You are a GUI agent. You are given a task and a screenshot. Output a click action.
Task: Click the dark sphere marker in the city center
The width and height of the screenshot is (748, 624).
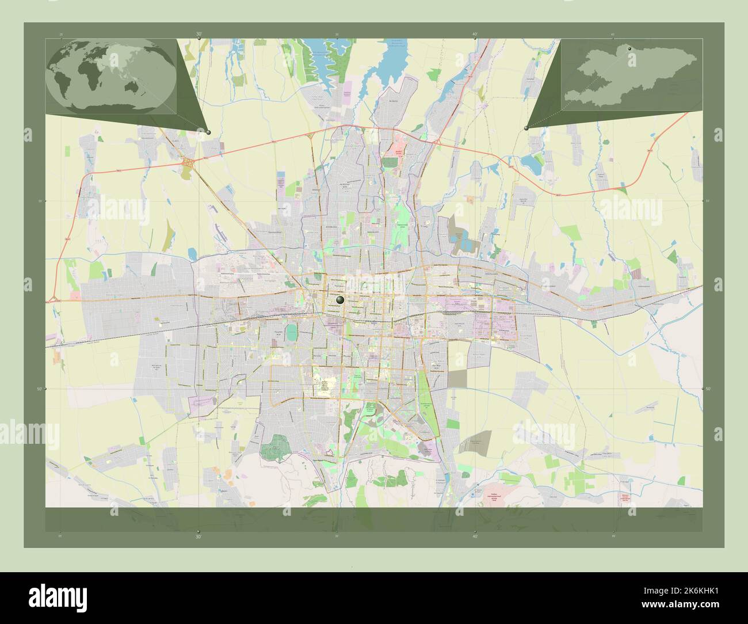340,299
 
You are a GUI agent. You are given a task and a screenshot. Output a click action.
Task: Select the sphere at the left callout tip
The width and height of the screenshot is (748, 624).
208,132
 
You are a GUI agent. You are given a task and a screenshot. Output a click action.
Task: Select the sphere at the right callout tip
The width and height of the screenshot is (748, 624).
526,128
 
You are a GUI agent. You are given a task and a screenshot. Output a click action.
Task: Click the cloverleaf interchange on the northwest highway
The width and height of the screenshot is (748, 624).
188,163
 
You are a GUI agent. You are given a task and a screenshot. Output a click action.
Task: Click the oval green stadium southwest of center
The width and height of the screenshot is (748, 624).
292,332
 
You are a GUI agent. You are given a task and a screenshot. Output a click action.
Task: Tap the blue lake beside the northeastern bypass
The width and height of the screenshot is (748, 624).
532,166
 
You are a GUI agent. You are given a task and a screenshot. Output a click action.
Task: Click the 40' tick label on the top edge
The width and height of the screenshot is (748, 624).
475,34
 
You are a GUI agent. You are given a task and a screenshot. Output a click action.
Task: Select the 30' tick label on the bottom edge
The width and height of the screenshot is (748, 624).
199,536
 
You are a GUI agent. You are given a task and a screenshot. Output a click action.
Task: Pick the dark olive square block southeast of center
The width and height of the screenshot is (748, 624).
458,378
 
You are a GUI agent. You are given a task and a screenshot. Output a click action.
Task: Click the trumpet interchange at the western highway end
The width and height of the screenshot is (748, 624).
53,298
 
